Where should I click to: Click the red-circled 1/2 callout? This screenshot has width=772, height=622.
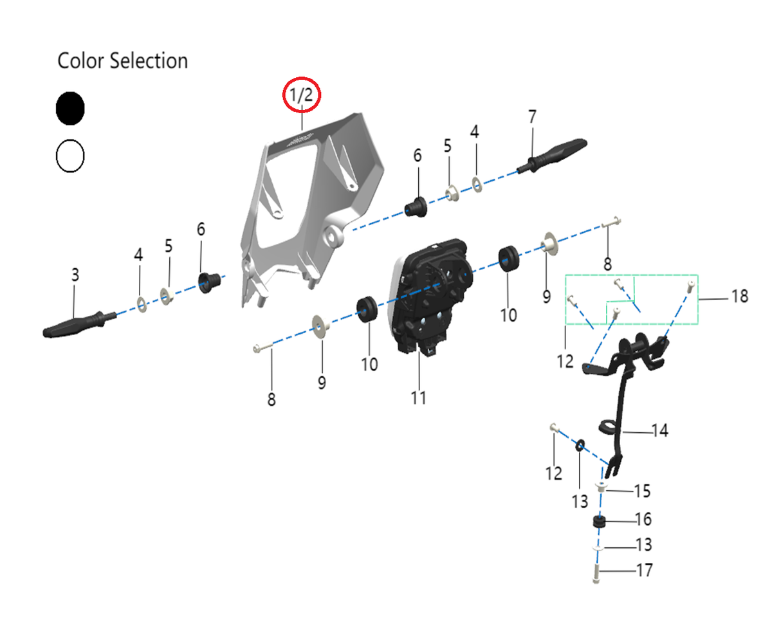pos(302,95)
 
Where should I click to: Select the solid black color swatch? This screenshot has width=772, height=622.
pos(70,108)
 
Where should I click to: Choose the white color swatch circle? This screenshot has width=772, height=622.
pos(70,156)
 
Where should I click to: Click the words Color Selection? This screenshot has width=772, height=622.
pos(123,60)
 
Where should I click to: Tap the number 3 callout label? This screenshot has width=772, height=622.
pos(75,275)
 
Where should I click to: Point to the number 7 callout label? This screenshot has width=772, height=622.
pos(533,116)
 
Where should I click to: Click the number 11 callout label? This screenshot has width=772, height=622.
pos(418,398)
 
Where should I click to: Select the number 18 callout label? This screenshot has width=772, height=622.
pos(740,297)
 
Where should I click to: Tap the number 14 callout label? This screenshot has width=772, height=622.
pos(660,430)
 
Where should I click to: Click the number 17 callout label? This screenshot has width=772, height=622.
pos(645,571)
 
